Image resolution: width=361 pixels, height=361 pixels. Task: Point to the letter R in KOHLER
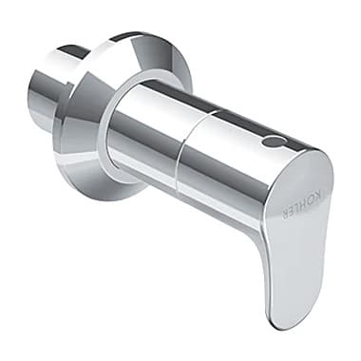285,215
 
